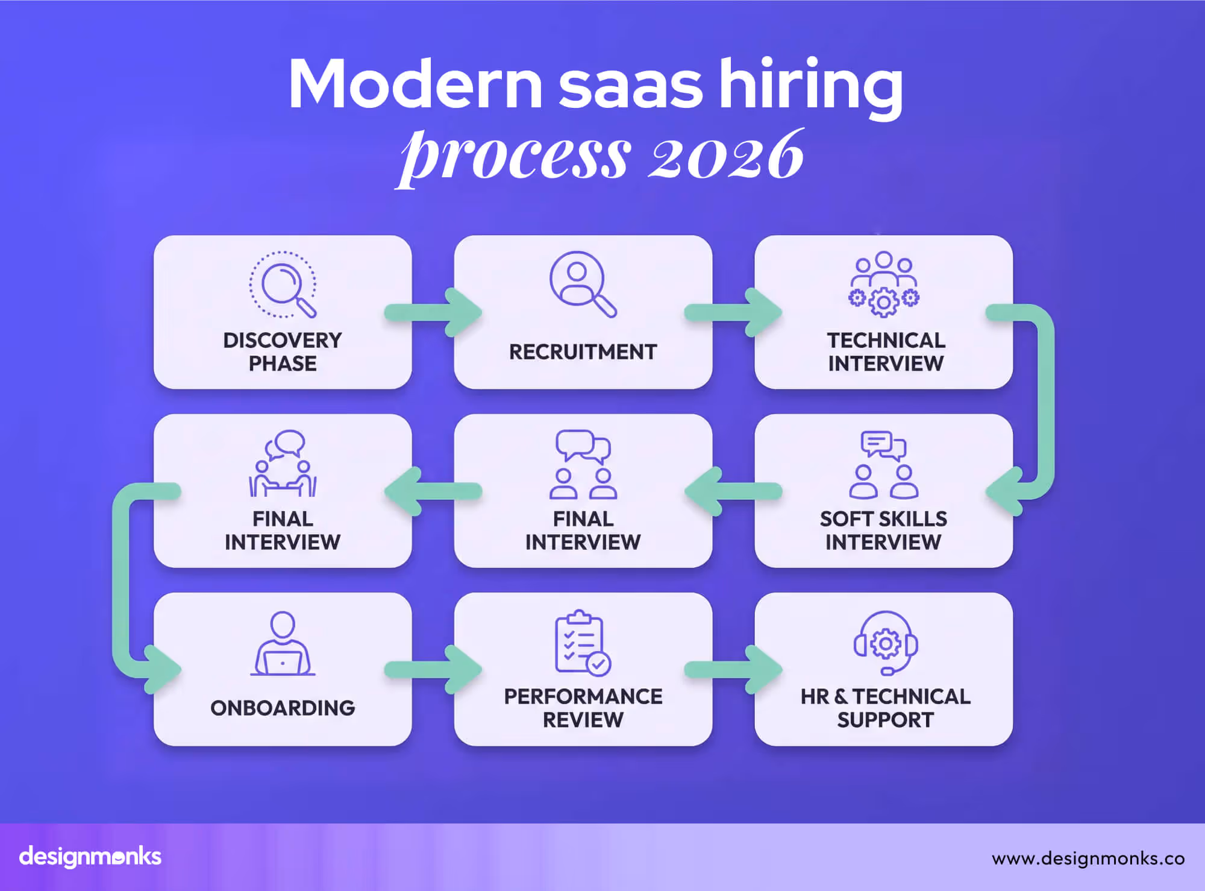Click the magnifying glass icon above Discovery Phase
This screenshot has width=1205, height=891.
[x=283, y=284]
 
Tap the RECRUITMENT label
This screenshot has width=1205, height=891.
[x=583, y=352]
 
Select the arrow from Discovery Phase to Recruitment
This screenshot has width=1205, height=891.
[x=433, y=312]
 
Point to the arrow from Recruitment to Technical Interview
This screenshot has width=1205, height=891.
[x=733, y=312]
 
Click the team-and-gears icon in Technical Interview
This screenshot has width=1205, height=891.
[x=883, y=284]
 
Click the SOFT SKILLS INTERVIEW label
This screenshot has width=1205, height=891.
[x=883, y=531]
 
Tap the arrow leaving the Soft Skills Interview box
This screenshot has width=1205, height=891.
[x=733, y=491]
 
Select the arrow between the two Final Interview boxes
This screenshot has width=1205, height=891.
[x=433, y=491]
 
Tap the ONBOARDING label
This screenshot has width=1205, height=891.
[x=283, y=708]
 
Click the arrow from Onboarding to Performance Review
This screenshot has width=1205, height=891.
[x=433, y=669]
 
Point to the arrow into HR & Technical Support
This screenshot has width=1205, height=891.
[x=733, y=669]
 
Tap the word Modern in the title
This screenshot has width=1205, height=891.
[x=416, y=84]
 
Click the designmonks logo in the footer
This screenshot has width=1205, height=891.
[x=90, y=857]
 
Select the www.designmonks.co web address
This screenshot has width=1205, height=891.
[x=1088, y=858]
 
